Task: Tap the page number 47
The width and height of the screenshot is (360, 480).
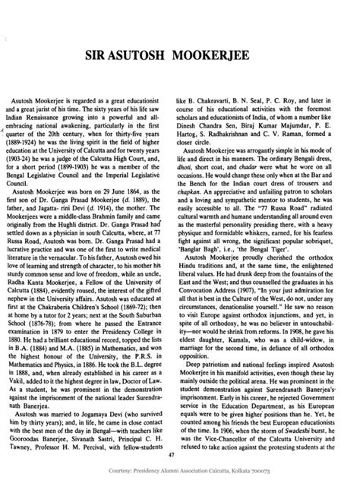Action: [179, 454]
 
